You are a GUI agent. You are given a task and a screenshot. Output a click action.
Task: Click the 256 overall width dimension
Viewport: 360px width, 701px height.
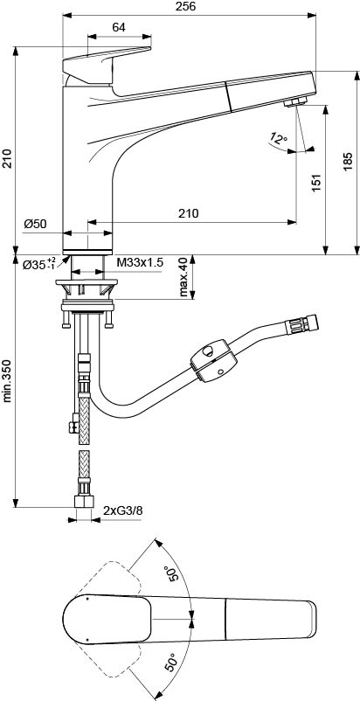tap(189, 6)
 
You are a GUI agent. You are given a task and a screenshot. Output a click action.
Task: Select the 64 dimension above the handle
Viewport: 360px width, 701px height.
tap(118, 27)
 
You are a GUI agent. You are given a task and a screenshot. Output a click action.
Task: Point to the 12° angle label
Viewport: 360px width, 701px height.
tap(279, 139)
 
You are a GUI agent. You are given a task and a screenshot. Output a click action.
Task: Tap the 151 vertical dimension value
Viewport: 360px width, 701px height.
tap(315, 183)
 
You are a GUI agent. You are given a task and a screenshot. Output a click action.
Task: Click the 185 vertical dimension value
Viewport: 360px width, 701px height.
tap(348, 162)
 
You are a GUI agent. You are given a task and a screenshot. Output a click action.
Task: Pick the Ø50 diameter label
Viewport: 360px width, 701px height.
tap(35, 224)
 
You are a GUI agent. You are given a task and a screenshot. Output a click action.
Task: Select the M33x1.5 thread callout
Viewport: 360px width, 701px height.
tap(140, 262)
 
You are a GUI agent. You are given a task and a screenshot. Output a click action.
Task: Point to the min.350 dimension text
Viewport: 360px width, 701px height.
tap(8, 379)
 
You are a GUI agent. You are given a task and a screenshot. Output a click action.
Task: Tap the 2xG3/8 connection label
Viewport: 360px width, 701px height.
tap(123, 510)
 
